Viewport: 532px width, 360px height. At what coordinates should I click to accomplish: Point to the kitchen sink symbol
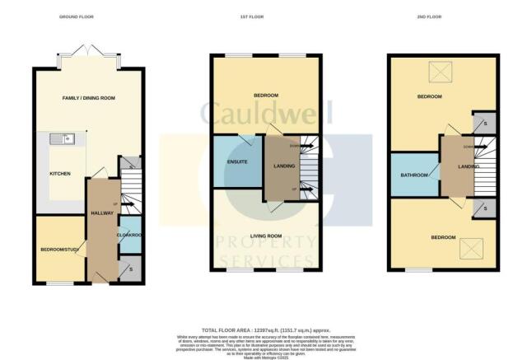tap(61, 138)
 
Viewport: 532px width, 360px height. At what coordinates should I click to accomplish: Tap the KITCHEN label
tap(60, 175)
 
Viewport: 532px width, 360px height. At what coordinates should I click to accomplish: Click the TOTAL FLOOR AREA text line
tap(265, 330)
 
